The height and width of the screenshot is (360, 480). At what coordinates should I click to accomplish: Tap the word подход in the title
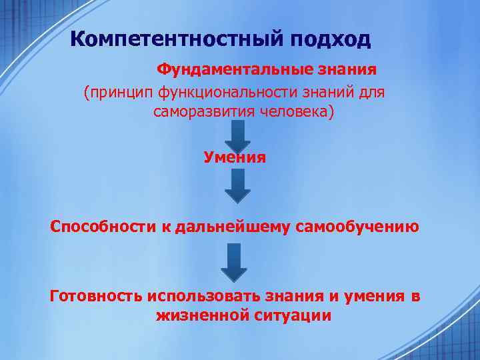pos(330,40)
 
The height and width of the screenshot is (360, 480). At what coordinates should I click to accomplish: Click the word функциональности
pos(229,92)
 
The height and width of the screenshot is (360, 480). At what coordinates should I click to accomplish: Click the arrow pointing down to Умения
pos(237,135)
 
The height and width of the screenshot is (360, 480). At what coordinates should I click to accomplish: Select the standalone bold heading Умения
pos(235,157)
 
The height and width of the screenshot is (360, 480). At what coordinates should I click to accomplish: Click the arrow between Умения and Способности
pos(237,185)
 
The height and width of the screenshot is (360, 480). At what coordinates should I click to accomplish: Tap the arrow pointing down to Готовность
pos(234,262)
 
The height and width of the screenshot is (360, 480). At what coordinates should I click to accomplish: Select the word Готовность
pos(97,296)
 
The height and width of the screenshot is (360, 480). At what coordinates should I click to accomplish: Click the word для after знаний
pos(371,92)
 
